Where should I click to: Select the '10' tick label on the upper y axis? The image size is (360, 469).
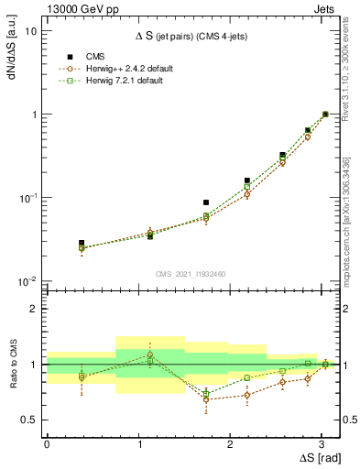31,31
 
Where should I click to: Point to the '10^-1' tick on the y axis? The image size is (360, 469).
28,198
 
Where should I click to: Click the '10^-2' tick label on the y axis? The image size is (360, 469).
28,281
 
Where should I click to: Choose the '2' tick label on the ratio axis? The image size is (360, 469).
34,309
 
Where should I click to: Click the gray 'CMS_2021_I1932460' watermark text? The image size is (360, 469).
191,274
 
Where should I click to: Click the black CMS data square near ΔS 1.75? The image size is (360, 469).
206,202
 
